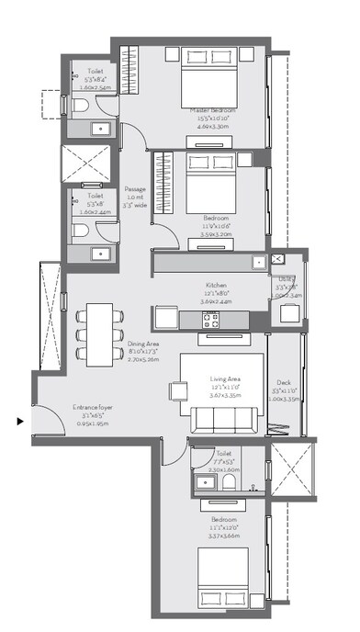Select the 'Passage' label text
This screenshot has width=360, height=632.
(135, 189)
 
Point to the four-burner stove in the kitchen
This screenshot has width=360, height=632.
(212, 320)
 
